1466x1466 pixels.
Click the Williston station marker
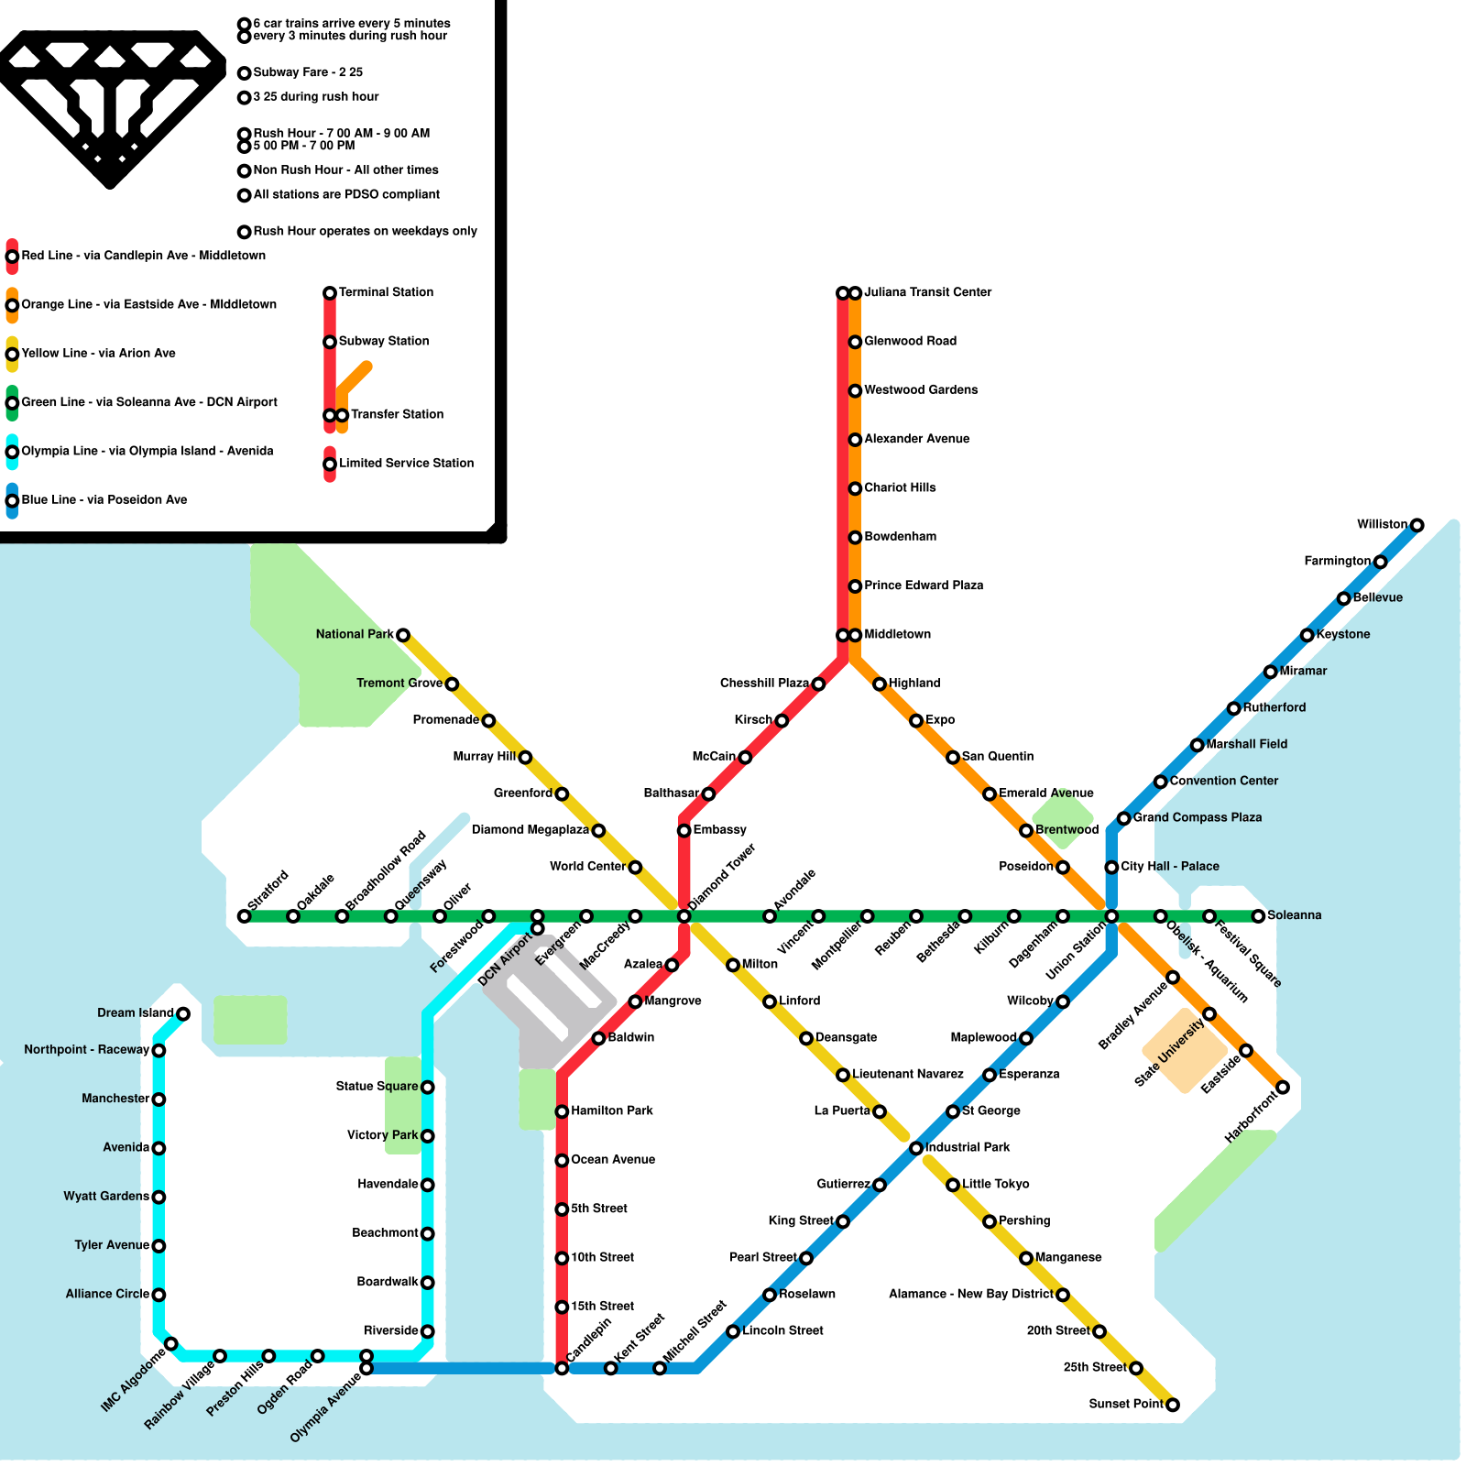pyautogui.click(x=1417, y=525)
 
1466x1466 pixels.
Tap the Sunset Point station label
pyautogui.click(x=1126, y=1404)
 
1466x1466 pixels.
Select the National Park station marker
pyautogui.click(x=402, y=635)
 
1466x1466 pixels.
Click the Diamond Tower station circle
pyautogui.click(x=684, y=916)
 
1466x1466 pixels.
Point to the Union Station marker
pyautogui.click(x=1111, y=916)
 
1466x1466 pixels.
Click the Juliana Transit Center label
pyautogui.click(x=927, y=292)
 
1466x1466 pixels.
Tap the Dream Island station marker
pyautogui.click(x=183, y=1013)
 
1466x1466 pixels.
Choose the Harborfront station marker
pyautogui.click(x=1283, y=1088)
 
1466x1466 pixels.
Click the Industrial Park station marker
pyautogui.click(x=916, y=1148)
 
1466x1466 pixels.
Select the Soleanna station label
pyautogui.click(x=1294, y=915)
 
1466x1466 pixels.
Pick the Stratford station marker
pyautogui.click(x=244, y=916)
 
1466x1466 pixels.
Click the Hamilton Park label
pyautogui.click(x=612, y=1110)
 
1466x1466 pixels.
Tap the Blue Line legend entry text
pyautogui.click(x=104, y=499)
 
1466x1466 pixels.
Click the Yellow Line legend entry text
pyautogui.click(x=99, y=353)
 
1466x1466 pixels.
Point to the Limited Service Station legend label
pyautogui.click(x=407, y=463)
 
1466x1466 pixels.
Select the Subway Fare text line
pyautogui.click(x=308, y=72)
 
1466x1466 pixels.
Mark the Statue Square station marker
pyautogui.click(x=427, y=1088)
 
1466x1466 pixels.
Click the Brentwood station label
pyautogui.click(x=1067, y=829)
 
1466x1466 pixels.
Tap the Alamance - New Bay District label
pyautogui.click(x=970, y=1294)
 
